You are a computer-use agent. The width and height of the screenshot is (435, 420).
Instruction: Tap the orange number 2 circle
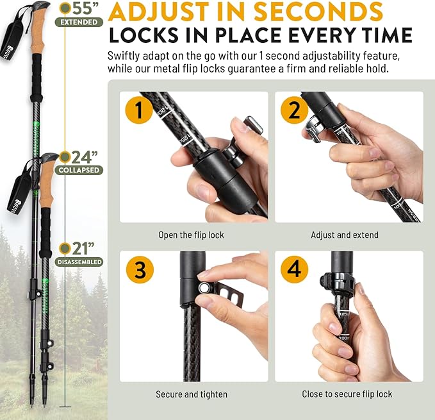tap(294, 111)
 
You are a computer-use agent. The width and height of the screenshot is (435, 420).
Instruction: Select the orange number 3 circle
tap(139, 270)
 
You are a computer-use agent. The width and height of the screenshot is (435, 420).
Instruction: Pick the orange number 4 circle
tap(294, 270)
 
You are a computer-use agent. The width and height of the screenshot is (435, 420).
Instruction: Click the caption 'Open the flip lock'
tap(191, 235)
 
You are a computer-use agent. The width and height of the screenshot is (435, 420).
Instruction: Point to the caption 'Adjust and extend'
tap(345, 235)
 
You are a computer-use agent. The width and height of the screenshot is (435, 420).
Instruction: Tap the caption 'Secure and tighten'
tap(191, 394)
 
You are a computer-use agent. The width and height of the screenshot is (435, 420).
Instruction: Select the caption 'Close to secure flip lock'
tap(347, 394)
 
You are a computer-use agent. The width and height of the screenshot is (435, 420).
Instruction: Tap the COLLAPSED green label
tap(79, 171)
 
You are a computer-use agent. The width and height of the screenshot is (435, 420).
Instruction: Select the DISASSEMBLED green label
tap(79, 262)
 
